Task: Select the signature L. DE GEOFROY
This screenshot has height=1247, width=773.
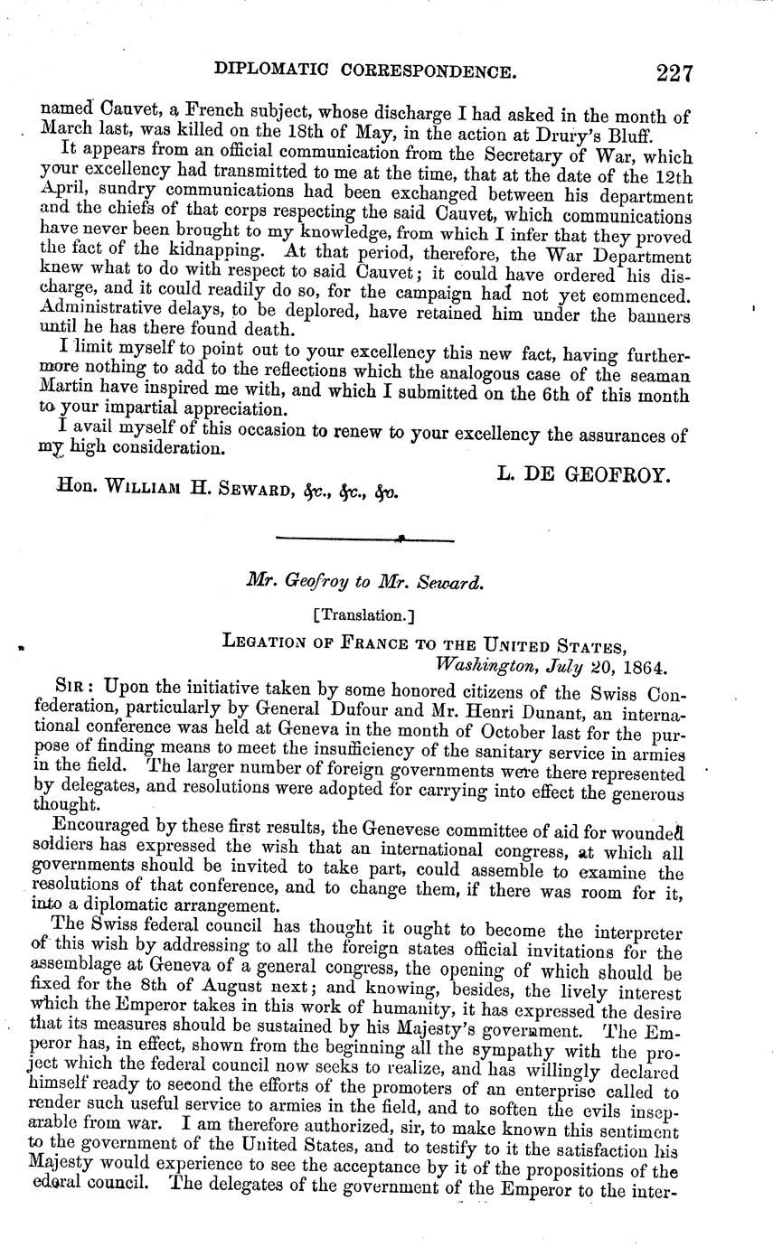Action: click(x=583, y=473)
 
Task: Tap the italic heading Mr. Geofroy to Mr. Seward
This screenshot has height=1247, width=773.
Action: click(x=365, y=583)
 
